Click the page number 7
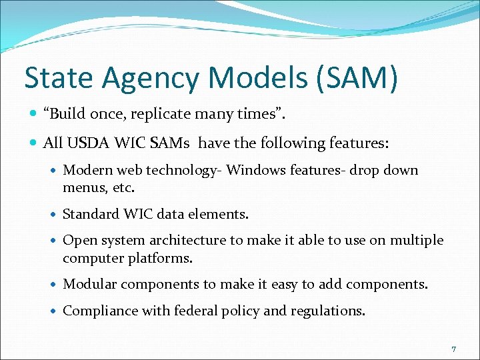(453, 349)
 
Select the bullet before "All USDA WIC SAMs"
(33, 143)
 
